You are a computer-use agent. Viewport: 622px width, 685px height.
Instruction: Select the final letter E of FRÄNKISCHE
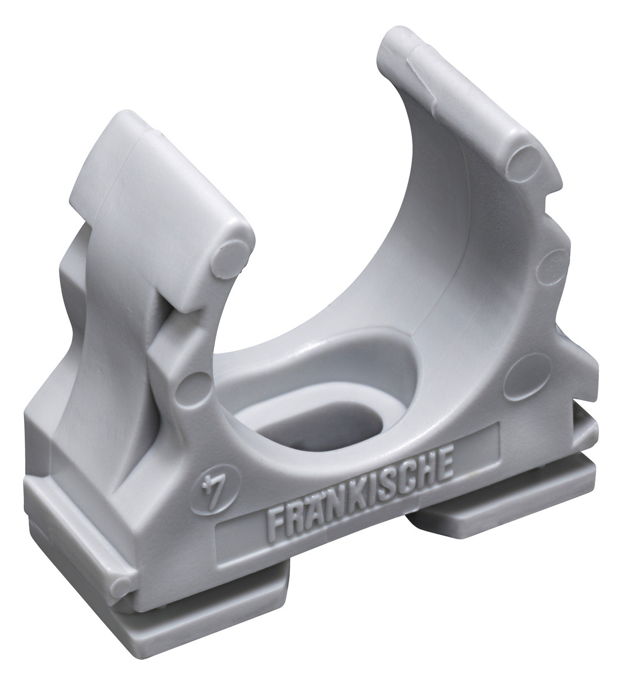click(444, 468)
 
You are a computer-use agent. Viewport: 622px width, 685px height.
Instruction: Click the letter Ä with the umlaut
click(315, 511)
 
